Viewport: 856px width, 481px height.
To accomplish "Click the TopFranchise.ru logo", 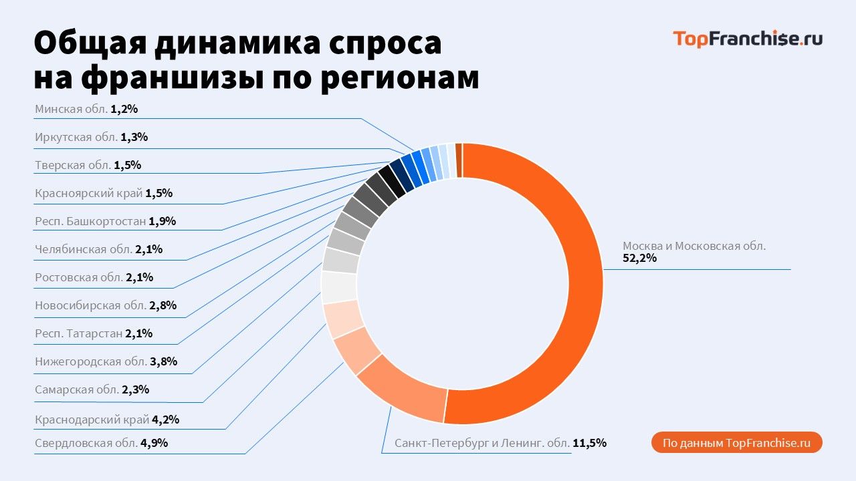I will click(x=747, y=39).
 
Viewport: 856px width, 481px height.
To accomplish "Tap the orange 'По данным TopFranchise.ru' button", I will click(x=736, y=443).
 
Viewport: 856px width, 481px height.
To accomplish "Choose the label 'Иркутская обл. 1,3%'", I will click(x=91, y=137).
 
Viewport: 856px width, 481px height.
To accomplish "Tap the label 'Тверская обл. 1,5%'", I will click(x=88, y=165).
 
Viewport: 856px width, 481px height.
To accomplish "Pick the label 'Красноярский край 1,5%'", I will click(x=104, y=193).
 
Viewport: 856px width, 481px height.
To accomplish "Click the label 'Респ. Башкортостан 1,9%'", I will click(x=105, y=221).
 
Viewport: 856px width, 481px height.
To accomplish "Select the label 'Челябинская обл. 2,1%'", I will click(x=98, y=249).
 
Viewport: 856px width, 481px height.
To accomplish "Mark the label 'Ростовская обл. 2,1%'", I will click(x=94, y=277).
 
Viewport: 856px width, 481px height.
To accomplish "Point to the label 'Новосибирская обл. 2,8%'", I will click(x=105, y=305).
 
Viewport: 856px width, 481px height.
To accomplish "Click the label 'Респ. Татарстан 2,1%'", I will click(x=94, y=333).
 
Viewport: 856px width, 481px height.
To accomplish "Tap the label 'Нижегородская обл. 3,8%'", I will click(x=105, y=361).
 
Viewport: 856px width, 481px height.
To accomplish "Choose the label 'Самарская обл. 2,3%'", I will click(x=92, y=389).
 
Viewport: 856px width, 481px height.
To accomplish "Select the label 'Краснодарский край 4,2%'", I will click(x=106, y=420).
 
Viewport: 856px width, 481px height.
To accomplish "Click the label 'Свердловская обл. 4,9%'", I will click(x=100, y=442).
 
